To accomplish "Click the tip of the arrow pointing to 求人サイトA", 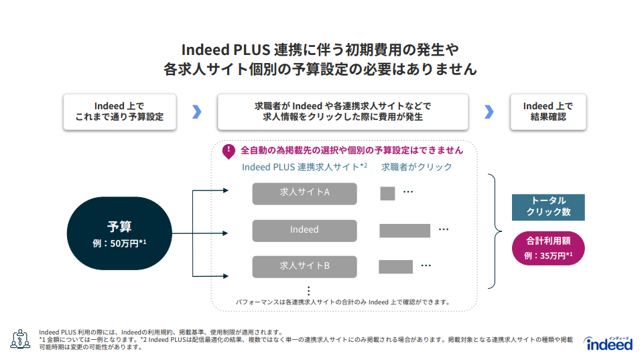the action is coord(229,190).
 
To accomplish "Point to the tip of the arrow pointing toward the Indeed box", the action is coord(228,233).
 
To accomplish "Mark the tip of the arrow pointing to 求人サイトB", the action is coord(229,276).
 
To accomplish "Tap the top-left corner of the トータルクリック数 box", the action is coord(512,194).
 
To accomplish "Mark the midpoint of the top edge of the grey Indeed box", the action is coord(305,220).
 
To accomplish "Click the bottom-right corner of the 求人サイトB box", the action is coord(357,278).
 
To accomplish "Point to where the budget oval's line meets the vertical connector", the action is coord(193,233).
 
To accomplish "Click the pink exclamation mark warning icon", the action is coord(229,152).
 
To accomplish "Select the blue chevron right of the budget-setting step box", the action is coord(197,111).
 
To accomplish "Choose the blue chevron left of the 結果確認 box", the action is coord(489,111).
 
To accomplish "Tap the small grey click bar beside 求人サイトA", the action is coord(387,193).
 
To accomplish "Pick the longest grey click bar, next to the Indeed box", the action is coord(405,231).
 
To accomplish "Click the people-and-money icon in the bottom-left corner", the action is coord(20,339).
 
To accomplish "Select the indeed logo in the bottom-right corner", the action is coord(609,343).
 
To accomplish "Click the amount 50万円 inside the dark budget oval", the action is coord(125,243).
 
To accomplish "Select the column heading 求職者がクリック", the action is coord(416,167).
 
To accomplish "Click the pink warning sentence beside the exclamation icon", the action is coord(352,150).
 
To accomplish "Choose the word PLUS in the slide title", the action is coord(252,50).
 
